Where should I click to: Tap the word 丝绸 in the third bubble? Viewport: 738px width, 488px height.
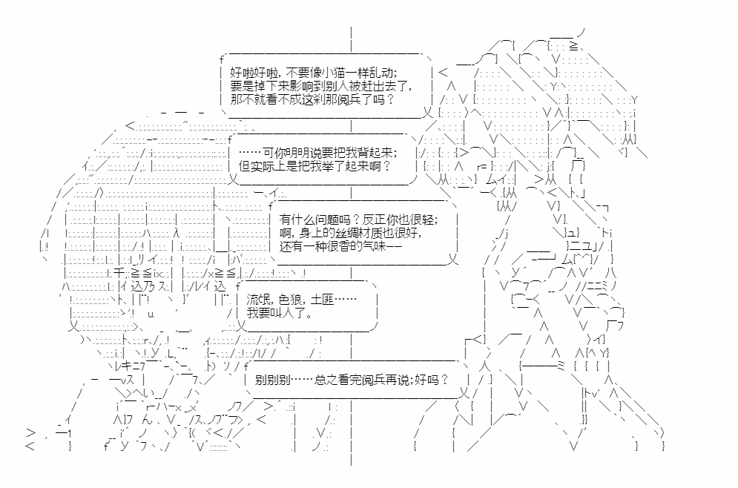point(342,234)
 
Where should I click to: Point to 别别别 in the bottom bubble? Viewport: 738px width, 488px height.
point(272,380)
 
